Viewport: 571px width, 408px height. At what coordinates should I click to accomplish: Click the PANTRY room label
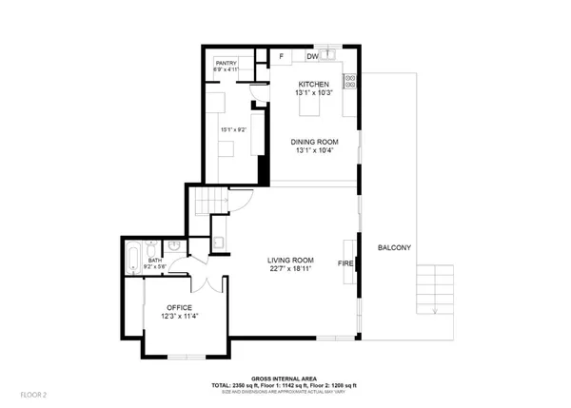point(226,63)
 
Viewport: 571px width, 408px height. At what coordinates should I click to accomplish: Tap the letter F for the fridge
point(282,57)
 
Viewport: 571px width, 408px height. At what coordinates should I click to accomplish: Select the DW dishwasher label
point(311,57)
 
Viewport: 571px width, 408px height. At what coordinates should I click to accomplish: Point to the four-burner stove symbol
point(351,81)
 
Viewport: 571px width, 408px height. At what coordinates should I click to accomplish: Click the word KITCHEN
point(314,83)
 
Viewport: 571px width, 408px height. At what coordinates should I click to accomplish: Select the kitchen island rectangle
point(313,108)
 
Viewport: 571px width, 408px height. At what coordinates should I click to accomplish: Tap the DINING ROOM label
point(314,140)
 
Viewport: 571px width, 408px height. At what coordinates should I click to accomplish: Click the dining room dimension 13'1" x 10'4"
point(314,149)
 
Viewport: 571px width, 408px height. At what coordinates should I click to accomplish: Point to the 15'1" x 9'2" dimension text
point(233,129)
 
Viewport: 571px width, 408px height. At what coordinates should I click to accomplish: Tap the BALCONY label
point(394,248)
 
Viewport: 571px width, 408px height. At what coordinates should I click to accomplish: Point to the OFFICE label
point(180,307)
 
